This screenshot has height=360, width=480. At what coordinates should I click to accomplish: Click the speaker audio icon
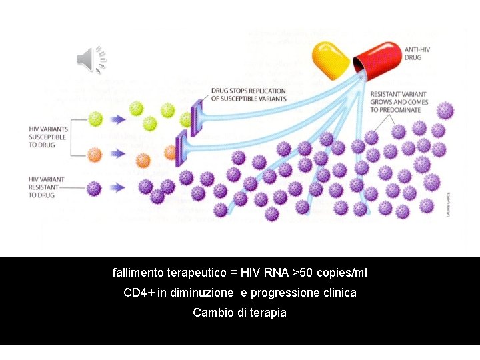tap(91, 59)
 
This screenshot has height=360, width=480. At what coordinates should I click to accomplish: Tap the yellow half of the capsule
tap(331, 58)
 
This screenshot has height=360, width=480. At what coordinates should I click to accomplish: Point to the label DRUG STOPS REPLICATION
tap(248, 95)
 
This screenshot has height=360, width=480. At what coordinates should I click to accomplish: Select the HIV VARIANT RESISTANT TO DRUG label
tap(47, 187)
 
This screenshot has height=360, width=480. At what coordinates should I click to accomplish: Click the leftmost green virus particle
tap(95, 119)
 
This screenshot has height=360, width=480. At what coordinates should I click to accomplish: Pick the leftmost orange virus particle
tap(95, 155)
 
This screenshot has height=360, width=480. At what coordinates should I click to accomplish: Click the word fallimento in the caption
tap(139, 273)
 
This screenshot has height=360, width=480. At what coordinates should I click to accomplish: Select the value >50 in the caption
tap(302, 273)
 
